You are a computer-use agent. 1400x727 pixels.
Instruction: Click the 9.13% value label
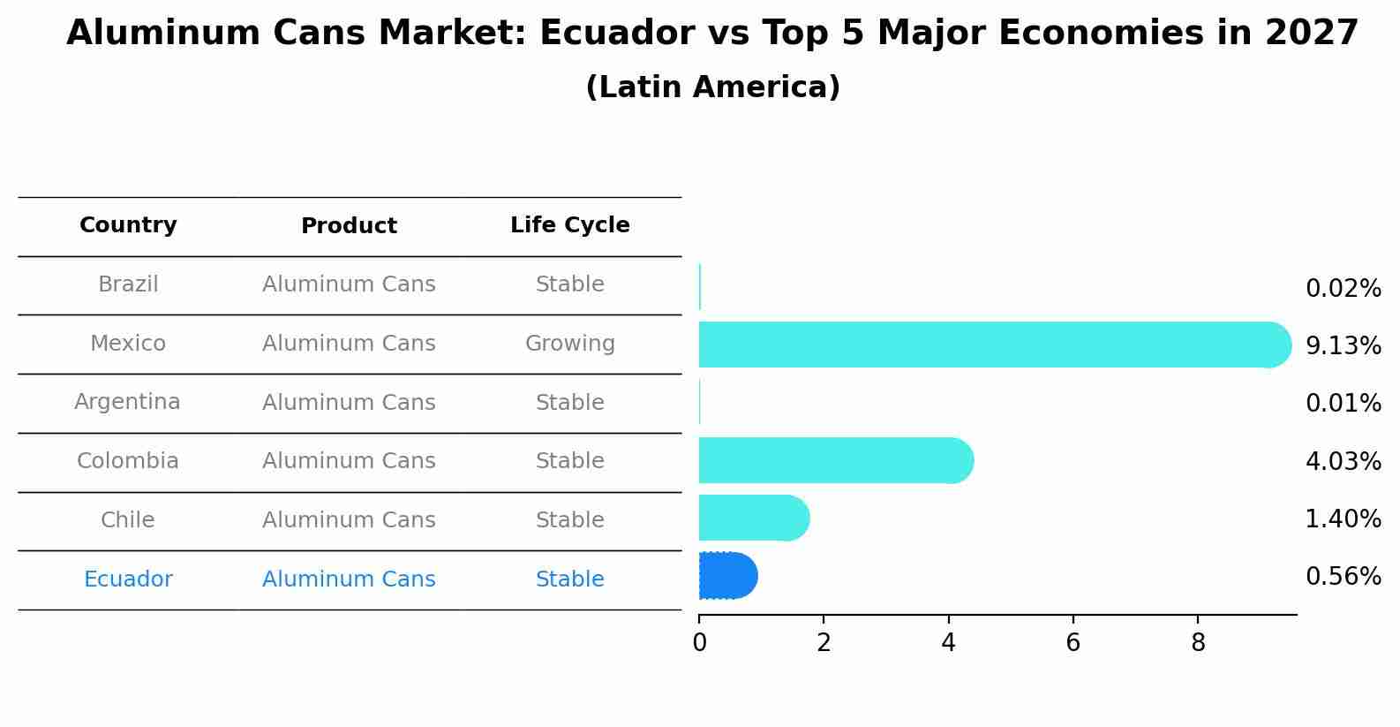(1343, 346)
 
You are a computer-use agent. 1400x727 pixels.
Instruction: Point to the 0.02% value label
(1343, 289)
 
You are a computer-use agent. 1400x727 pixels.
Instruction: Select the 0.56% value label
(1343, 577)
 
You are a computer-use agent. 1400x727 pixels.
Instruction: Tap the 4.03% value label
(1343, 462)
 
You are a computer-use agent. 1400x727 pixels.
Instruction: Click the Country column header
(128, 225)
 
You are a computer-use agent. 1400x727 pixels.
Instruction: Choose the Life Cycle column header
(569, 225)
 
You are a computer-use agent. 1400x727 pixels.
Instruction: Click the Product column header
(349, 226)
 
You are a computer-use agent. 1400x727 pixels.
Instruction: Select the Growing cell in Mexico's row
(569, 344)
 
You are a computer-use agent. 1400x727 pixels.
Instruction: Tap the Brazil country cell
(128, 284)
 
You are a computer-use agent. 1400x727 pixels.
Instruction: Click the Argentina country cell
(127, 402)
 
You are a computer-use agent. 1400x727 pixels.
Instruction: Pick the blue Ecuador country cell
(128, 579)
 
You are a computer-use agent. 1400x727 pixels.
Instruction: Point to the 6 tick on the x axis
(1073, 643)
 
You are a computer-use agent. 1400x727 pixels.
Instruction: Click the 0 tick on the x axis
(699, 643)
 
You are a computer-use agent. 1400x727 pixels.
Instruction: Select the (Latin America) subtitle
(712, 87)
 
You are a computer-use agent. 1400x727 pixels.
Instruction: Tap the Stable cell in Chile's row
(569, 520)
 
